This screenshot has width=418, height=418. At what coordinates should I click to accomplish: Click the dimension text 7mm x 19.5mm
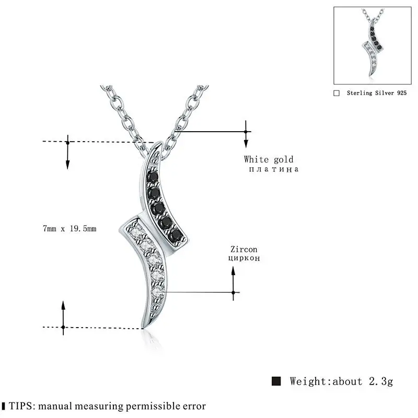click(x=69, y=228)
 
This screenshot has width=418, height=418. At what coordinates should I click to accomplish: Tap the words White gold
click(x=269, y=159)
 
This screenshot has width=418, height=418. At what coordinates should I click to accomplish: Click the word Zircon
click(x=243, y=250)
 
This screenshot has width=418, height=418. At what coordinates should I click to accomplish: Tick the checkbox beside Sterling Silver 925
click(x=336, y=92)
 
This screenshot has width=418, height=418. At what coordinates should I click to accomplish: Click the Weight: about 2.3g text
click(x=339, y=380)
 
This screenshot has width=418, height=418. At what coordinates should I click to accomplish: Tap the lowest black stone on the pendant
click(x=177, y=233)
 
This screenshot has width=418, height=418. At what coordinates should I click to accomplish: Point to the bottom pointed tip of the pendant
click(x=142, y=328)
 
